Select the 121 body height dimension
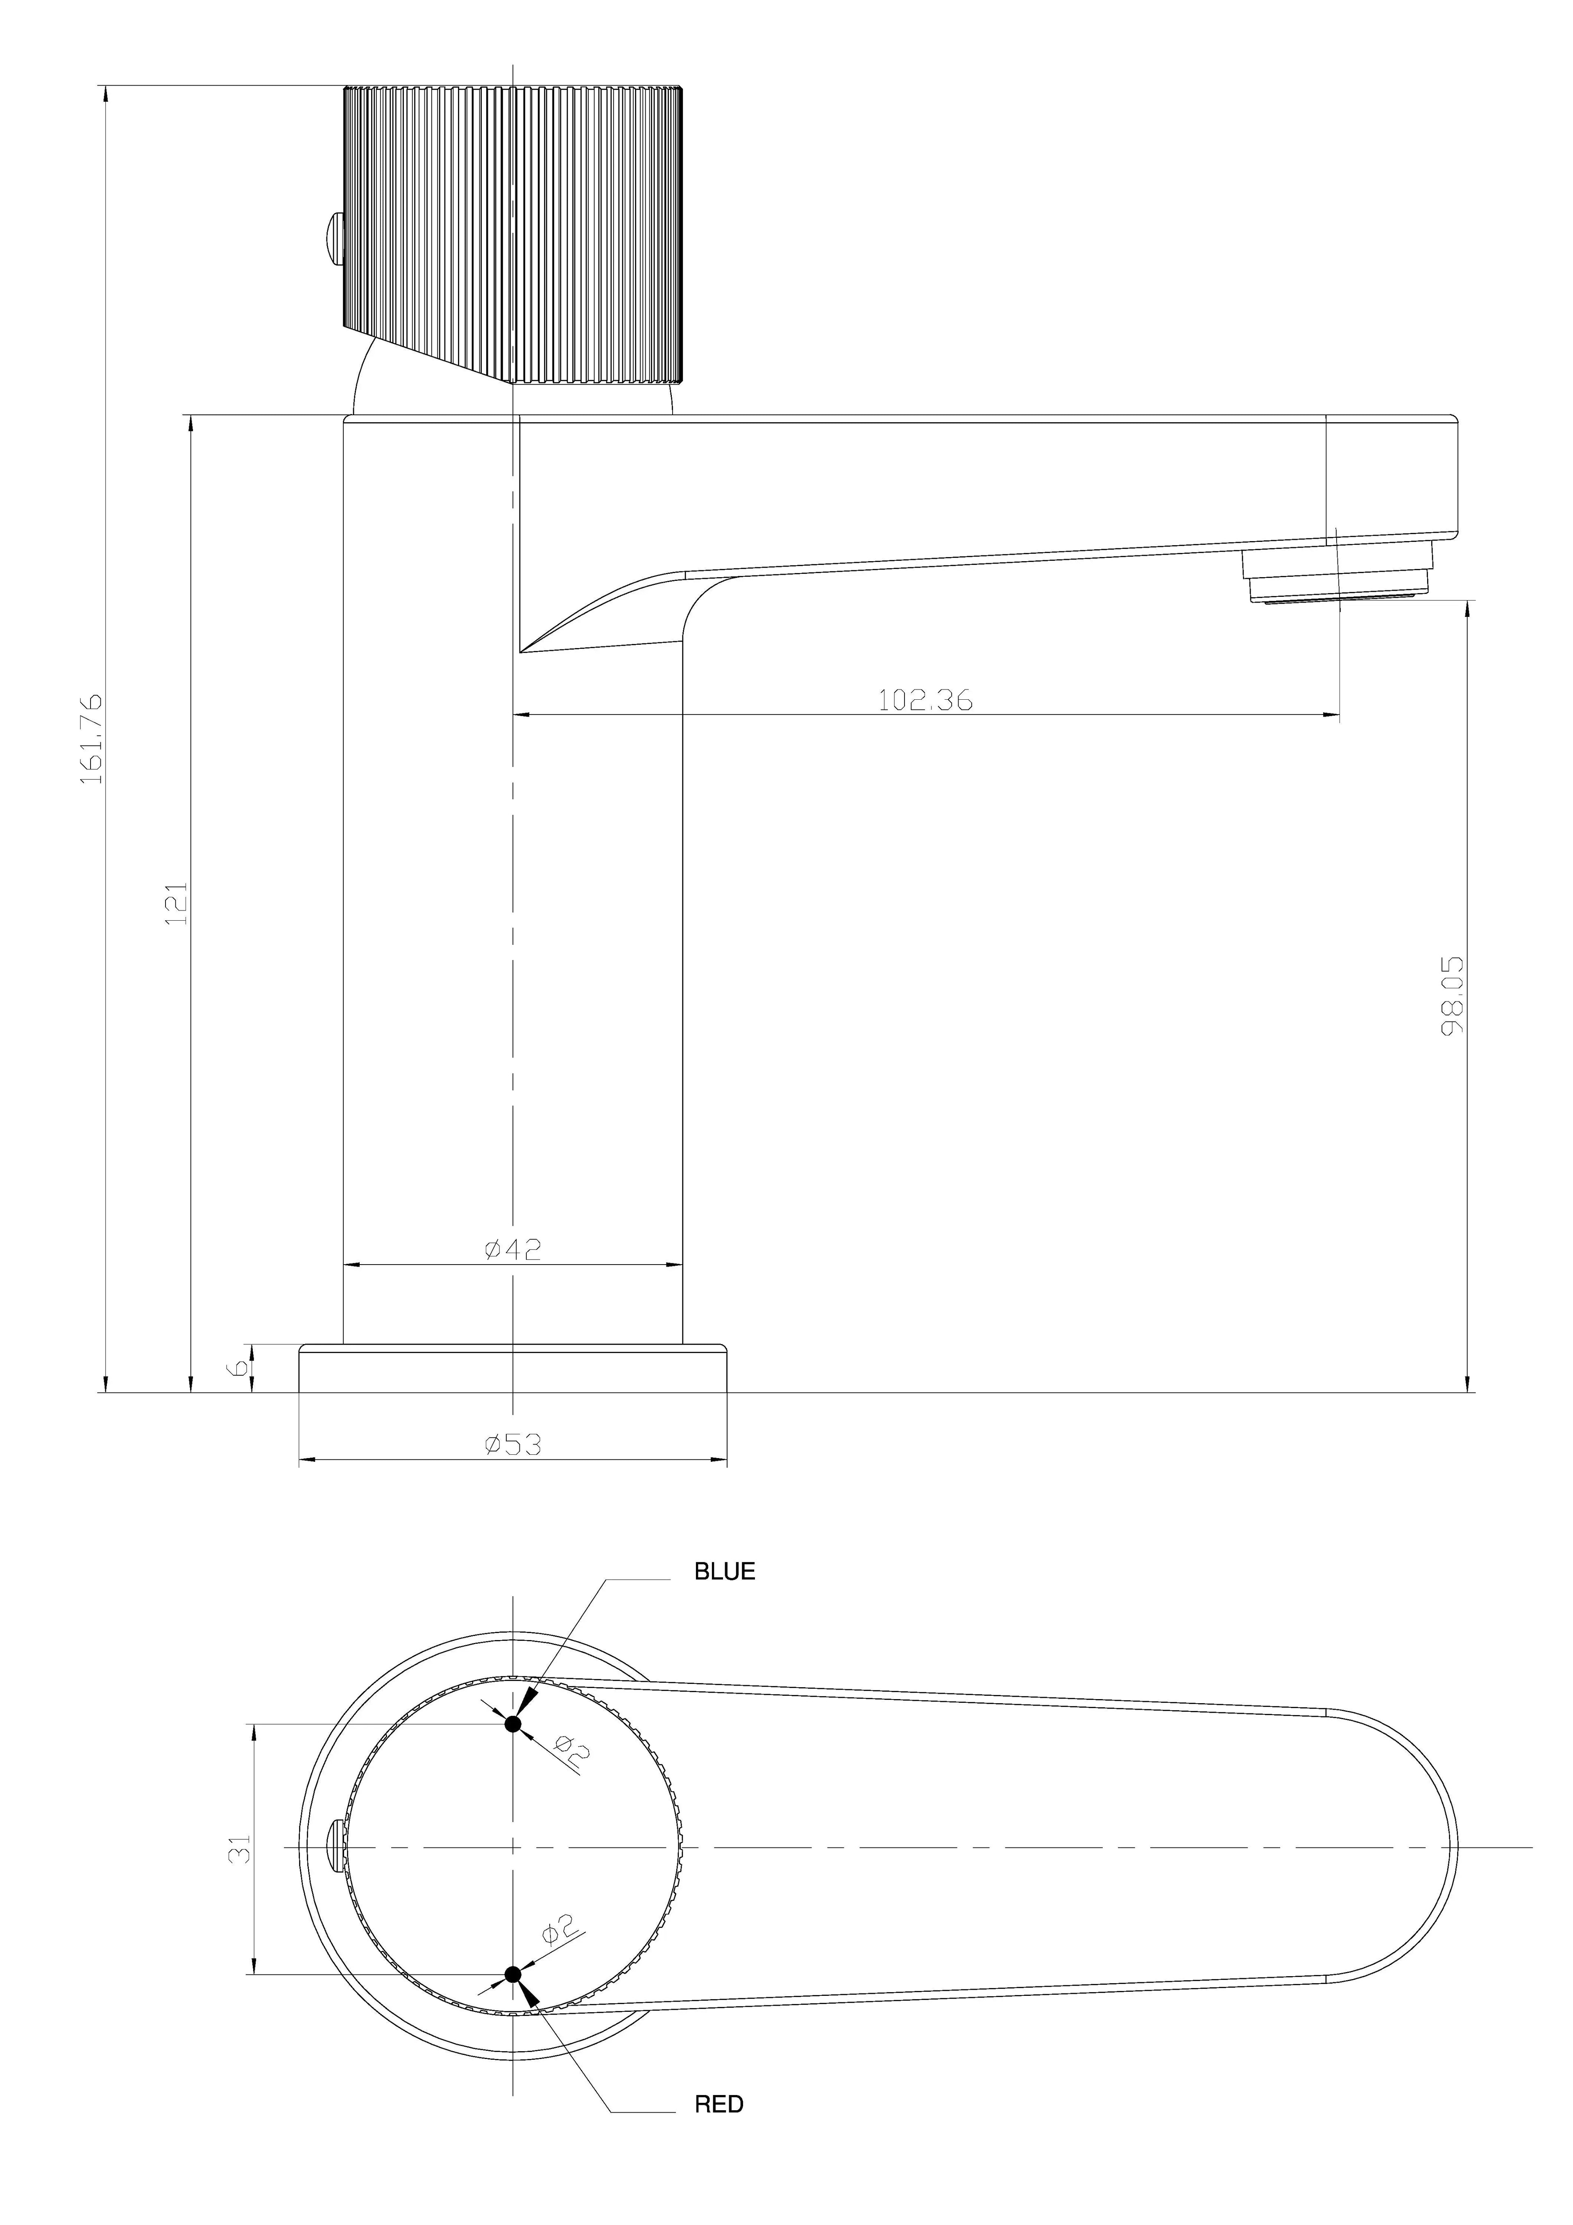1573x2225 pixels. (x=176, y=903)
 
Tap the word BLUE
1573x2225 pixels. (x=725, y=1572)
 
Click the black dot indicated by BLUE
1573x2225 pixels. (x=513, y=1724)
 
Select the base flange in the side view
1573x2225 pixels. (x=513, y=1368)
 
